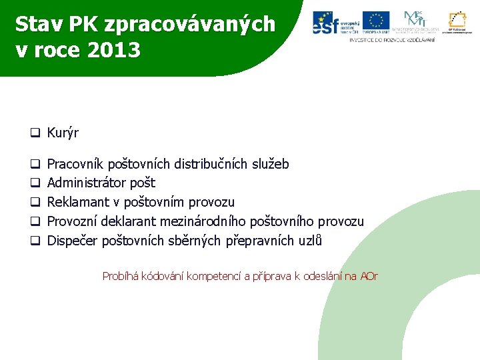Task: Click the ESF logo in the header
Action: [x=336, y=22]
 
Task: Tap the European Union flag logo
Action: [x=376, y=22]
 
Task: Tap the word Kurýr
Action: [x=63, y=133]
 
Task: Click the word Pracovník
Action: [x=75, y=164]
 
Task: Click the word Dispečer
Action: [x=72, y=241]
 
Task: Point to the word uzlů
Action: [x=309, y=241]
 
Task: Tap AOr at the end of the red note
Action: [x=369, y=276]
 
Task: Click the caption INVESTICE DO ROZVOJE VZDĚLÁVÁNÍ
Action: [x=392, y=40]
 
